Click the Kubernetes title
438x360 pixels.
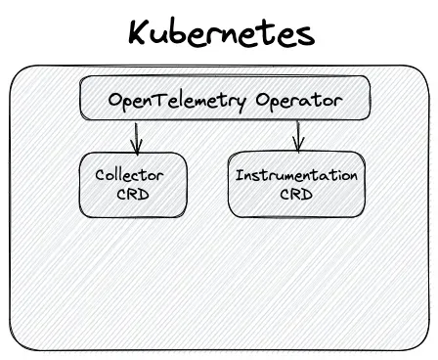[222, 32]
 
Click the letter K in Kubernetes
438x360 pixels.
[138, 32]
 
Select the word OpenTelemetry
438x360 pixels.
[177, 101]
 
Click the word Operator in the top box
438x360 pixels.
[299, 101]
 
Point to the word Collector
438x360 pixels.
[129, 175]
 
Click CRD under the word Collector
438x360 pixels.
[133, 195]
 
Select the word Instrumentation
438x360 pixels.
[296, 175]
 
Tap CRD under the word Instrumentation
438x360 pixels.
[296, 195]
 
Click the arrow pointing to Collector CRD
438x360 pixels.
[136, 138]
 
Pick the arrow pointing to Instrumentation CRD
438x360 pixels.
[297, 136]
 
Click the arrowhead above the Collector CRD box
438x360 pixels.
[137, 148]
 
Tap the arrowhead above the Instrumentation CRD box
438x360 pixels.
[298, 145]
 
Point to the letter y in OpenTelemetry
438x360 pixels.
[241, 104]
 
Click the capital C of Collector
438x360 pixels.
[100, 175]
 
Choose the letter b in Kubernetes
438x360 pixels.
[183, 32]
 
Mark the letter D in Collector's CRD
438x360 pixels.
[144, 195]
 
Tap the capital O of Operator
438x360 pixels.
[262, 100]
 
